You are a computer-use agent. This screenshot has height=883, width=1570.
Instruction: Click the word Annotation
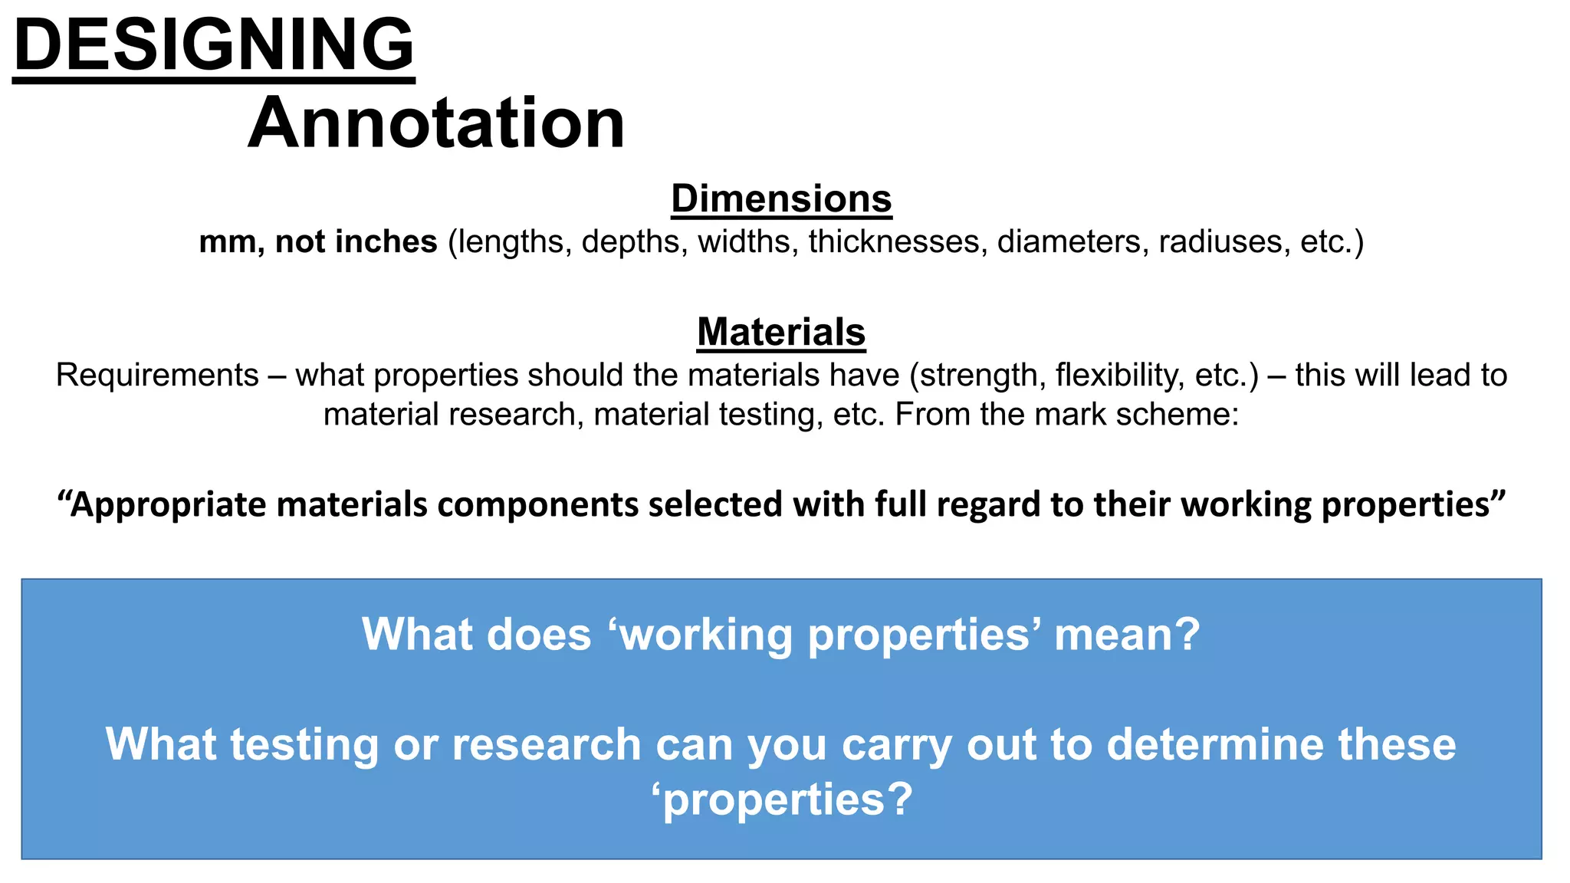coord(436,123)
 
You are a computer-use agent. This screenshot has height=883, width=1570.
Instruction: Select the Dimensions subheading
coord(781,199)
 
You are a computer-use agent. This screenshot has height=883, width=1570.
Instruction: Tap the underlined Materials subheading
coord(781,332)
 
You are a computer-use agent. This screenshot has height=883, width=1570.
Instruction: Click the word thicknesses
coord(893,241)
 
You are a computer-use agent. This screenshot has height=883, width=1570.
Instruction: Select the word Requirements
coord(157,376)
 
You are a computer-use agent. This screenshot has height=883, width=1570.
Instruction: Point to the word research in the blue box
coord(546,744)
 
